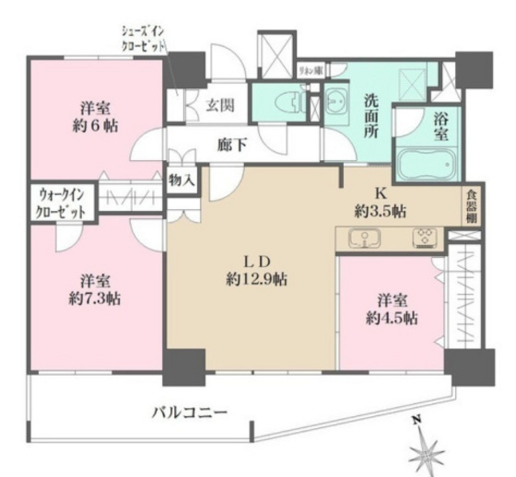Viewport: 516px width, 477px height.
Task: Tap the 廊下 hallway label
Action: pyautogui.click(x=230, y=145)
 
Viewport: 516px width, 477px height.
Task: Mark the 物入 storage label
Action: pyautogui.click(x=181, y=180)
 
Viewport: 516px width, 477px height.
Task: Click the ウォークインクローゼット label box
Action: pyautogui.click(x=62, y=202)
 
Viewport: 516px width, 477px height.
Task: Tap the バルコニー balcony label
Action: pyautogui.click(x=189, y=412)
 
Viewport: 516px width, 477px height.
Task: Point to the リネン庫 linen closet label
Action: pyautogui.click(x=308, y=70)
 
